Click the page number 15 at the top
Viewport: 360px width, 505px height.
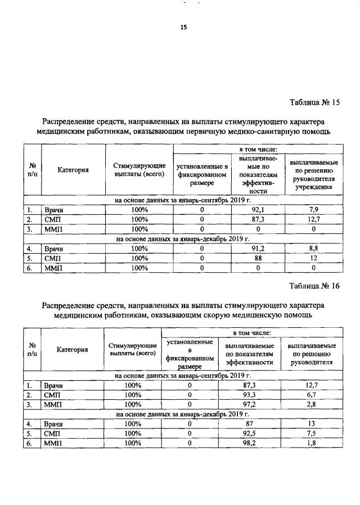[183, 27]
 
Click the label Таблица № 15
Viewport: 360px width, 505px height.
[314, 102]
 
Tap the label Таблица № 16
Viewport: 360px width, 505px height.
[314, 286]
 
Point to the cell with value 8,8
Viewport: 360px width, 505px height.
[314, 248]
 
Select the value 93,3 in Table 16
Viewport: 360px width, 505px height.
[249, 395]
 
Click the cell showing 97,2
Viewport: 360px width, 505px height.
[249, 404]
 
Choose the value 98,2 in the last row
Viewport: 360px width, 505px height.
[249, 443]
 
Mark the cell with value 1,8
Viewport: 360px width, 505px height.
[312, 443]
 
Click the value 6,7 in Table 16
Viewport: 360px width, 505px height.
[312, 395]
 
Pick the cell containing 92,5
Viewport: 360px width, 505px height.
[249, 434]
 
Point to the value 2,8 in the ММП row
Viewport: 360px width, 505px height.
[312, 404]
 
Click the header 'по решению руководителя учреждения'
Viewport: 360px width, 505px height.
[314, 175]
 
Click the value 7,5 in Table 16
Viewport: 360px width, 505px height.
[312, 434]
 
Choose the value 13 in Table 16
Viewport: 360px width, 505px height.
[312, 424]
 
